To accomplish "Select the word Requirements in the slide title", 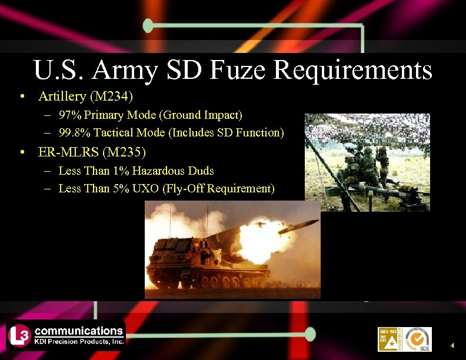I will click(x=353, y=71).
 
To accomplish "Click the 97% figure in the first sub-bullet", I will click(x=71, y=114).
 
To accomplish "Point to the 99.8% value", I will click(x=74, y=132).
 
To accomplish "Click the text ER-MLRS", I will click(x=68, y=152).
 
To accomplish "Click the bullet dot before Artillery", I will click(x=22, y=96).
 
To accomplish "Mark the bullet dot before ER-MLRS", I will click(x=22, y=153).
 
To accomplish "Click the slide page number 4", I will click(x=452, y=345).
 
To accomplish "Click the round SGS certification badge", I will click(x=418, y=339).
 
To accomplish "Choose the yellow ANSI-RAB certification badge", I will click(x=389, y=339).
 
